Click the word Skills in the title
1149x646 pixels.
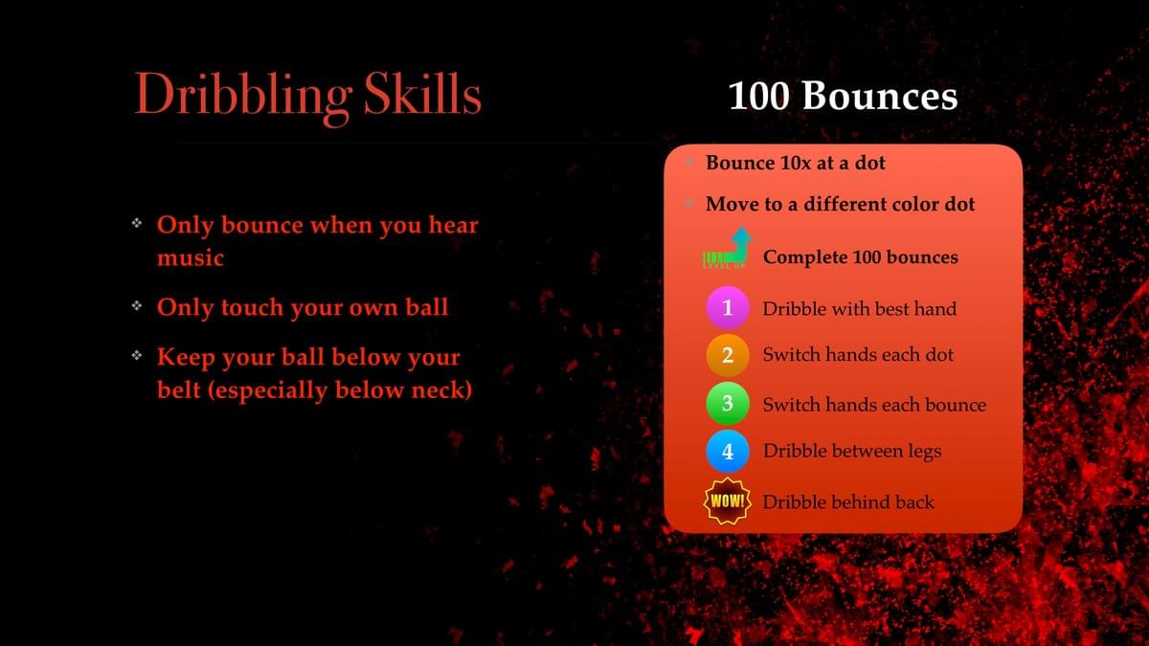pos(422,93)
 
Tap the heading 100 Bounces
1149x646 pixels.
pos(843,96)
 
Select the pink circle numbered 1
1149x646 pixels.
pos(728,307)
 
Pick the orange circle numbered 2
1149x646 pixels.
pos(728,355)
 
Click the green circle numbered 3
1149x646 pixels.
pos(728,404)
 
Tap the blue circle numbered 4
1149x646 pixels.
pos(728,451)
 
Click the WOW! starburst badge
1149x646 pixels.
pos(728,501)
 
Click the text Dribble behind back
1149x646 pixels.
pos(848,501)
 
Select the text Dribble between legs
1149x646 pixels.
pos(852,451)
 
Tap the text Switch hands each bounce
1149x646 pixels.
pos(874,405)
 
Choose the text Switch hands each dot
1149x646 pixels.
pos(858,354)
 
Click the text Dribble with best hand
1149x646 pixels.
pos(860,308)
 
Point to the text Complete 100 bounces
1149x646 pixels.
pos(861,256)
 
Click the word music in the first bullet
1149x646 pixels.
pos(191,257)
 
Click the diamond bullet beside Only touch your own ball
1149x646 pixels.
pos(137,306)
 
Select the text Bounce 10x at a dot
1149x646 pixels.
pos(796,163)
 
